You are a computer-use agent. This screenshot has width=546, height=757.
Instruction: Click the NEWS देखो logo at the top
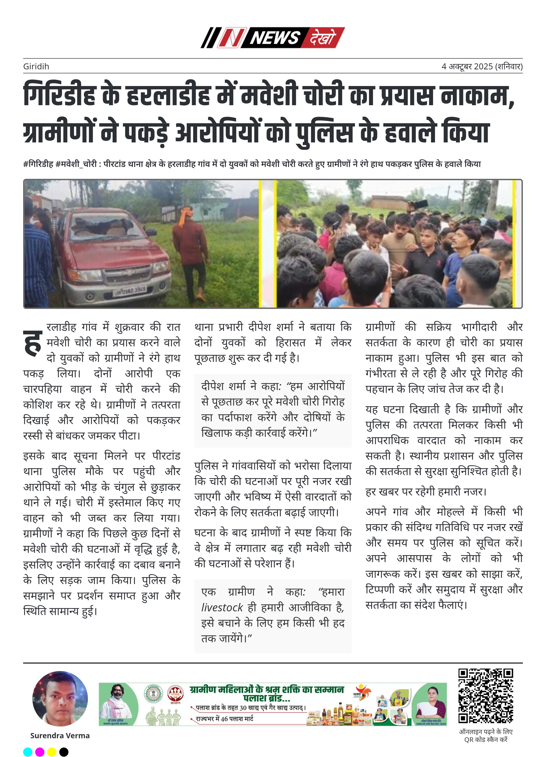[273, 37]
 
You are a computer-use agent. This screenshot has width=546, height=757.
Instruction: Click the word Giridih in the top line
[36, 66]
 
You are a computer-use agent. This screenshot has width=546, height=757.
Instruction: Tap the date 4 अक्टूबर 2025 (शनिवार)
[482, 66]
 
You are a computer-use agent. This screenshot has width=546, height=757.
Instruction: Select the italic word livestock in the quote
[222, 607]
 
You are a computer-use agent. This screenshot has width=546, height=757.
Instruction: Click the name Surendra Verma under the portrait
[60, 736]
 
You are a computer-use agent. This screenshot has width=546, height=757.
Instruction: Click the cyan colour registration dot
[28, 752]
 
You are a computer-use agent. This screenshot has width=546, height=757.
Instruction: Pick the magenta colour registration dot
[40, 752]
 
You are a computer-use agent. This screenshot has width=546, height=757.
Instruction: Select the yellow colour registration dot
[52, 752]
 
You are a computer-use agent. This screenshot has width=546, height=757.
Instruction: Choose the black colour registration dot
[64, 752]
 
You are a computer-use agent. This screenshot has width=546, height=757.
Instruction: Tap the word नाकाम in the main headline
[477, 95]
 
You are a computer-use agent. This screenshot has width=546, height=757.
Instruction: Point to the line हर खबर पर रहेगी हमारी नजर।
[426, 491]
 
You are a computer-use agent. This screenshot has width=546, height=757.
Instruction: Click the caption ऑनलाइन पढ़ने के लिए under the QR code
[486, 732]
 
